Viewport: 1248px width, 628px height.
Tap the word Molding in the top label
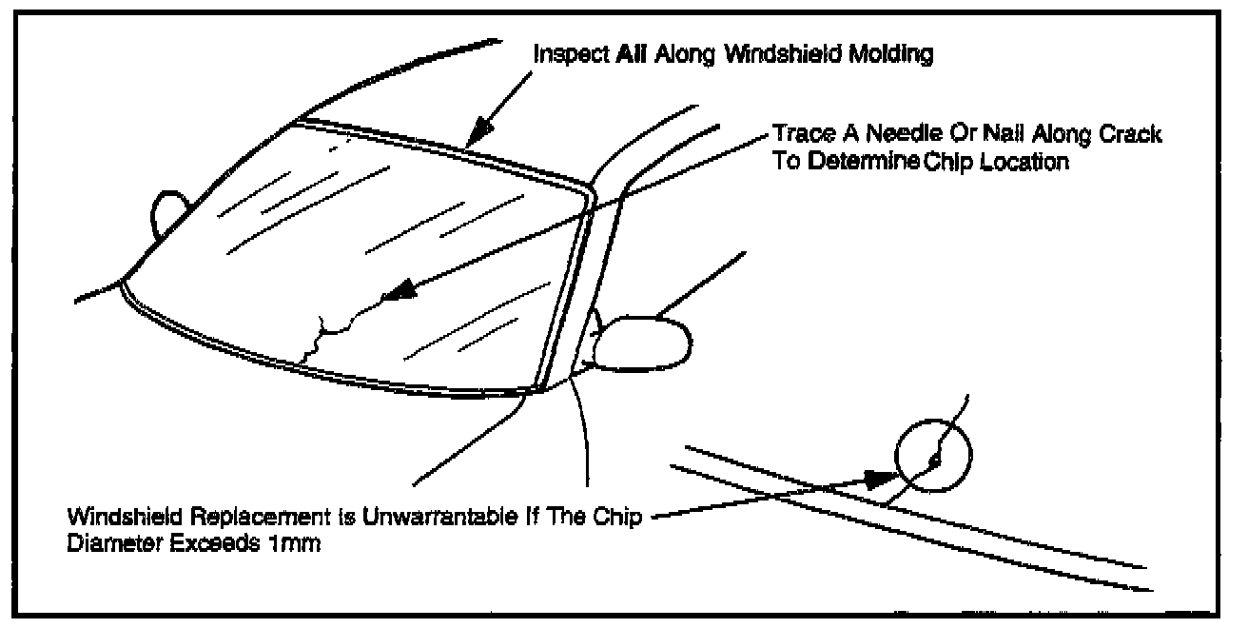point(895,54)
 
